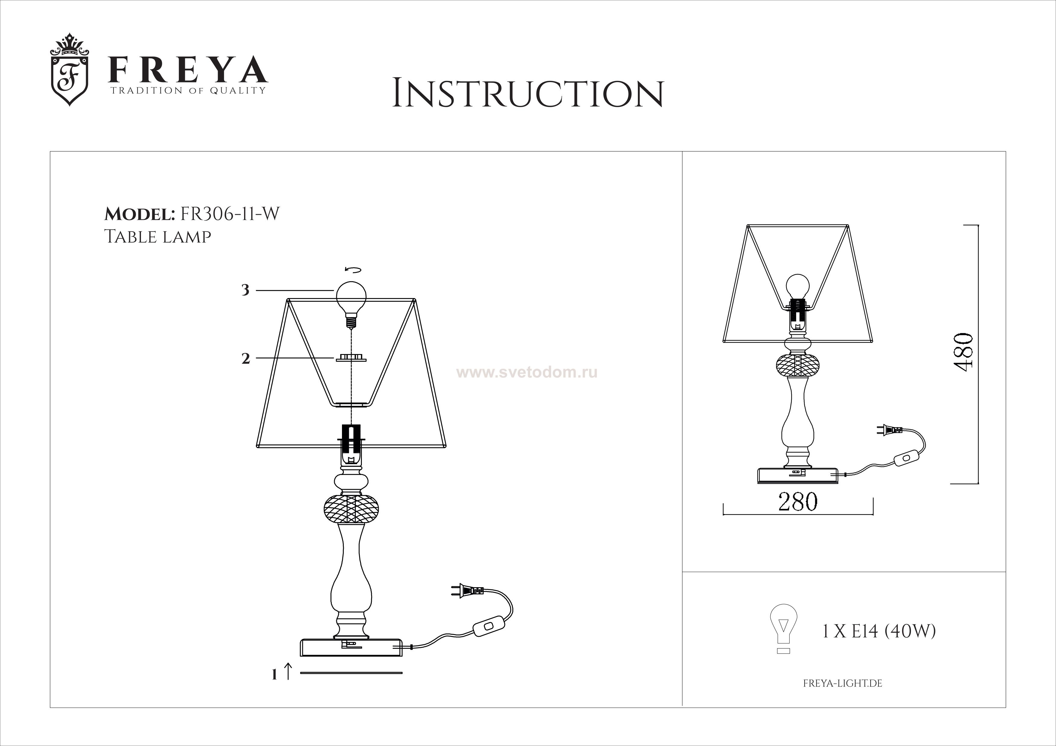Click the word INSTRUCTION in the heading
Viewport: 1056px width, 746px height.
click(x=528, y=94)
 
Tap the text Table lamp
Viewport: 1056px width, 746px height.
click(x=158, y=236)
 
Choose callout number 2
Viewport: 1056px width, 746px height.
click(x=246, y=359)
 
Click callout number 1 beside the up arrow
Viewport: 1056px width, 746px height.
click(x=275, y=675)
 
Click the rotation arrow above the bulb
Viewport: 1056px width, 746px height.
click(x=353, y=270)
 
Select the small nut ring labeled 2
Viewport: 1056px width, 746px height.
click(x=351, y=358)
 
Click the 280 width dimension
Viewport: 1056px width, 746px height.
click(x=797, y=502)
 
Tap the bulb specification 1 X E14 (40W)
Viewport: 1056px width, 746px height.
click(x=878, y=632)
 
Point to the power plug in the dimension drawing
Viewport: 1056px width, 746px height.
click(x=889, y=431)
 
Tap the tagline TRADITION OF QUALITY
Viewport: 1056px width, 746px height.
click(x=188, y=91)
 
